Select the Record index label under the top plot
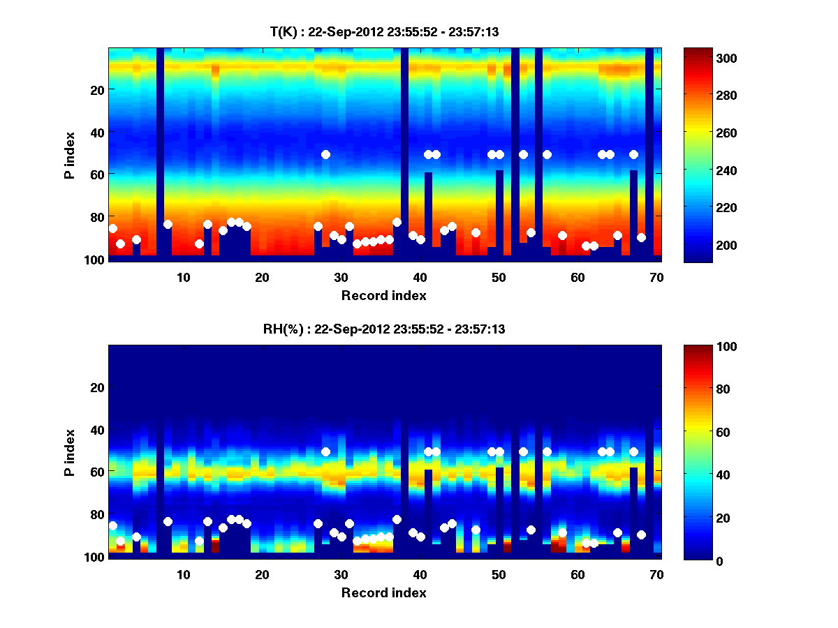[x=383, y=296]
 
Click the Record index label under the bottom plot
[x=383, y=593]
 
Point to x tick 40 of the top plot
[x=420, y=277]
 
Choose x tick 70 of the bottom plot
[x=656, y=575]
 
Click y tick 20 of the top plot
[x=96, y=89]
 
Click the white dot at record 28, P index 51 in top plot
[x=325, y=154]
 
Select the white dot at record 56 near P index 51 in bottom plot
[x=547, y=452]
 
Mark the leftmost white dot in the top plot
[x=113, y=228]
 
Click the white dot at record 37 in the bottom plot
[x=397, y=519]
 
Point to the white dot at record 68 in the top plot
[x=641, y=237]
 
